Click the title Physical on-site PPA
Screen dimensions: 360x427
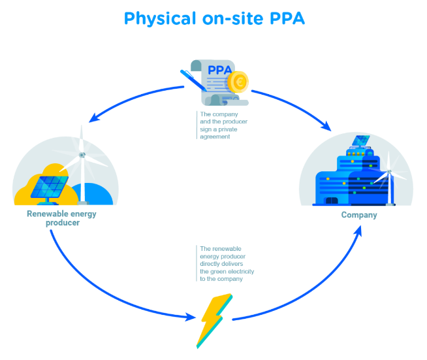[x=214, y=18]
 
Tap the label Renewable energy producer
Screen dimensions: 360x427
[x=54, y=218]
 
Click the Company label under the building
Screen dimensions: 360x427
[x=359, y=215]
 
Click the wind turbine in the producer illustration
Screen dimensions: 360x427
[x=82, y=163]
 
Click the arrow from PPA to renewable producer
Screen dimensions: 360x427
[x=131, y=101]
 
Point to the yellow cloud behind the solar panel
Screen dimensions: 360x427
[x=26, y=189]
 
